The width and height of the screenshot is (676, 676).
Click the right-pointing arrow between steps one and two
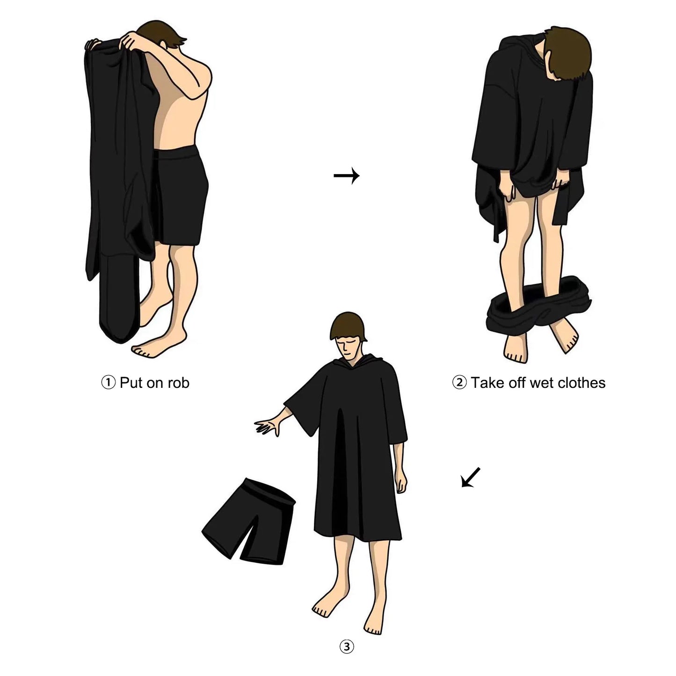[346, 176]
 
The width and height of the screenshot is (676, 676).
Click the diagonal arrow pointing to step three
[471, 477]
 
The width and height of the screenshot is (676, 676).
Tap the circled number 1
[108, 383]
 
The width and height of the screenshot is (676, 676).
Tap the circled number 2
[459, 383]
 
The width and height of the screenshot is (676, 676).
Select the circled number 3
[346, 647]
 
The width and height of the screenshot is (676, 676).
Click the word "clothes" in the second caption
[580, 383]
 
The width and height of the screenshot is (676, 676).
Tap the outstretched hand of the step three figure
[267, 427]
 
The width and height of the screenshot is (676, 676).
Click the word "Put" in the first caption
[131, 383]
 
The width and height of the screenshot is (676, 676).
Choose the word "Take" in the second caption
[487, 383]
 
